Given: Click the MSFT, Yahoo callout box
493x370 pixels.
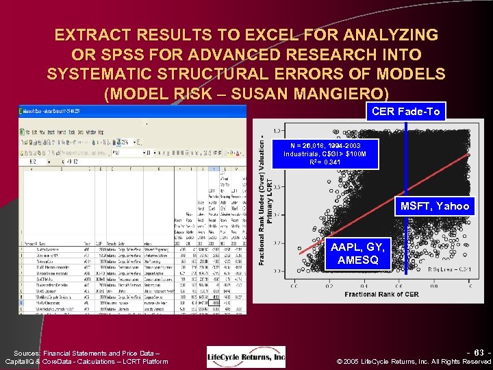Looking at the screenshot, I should [x=435, y=206].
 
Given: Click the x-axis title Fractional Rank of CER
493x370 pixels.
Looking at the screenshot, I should [x=381, y=294].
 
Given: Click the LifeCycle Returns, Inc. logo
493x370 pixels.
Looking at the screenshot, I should [x=246, y=356].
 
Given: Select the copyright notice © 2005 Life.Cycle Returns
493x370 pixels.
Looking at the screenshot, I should [x=415, y=361].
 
